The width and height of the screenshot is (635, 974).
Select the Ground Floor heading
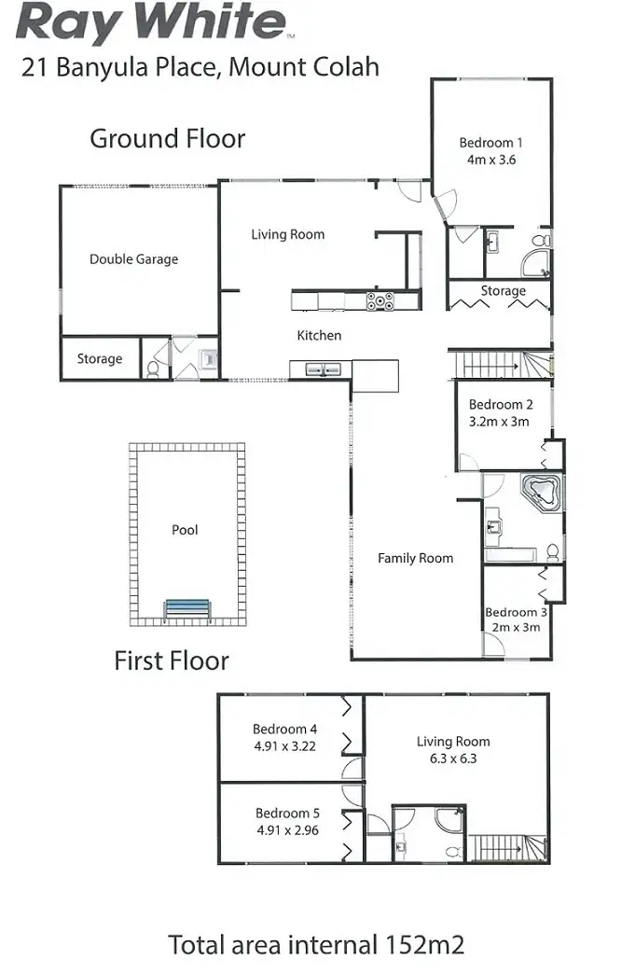click(x=167, y=139)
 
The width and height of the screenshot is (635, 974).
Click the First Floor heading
click(x=171, y=661)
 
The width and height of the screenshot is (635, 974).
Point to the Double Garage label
click(x=133, y=259)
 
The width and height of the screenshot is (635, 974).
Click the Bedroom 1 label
click(x=490, y=143)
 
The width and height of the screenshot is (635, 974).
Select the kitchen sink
click(x=321, y=370)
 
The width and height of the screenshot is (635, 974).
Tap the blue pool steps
click(x=187, y=609)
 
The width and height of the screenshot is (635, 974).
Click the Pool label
click(x=185, y=530)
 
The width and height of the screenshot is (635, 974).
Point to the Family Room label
click(x=415, y=558)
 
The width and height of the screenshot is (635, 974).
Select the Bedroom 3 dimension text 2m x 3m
click(x=515, y=627)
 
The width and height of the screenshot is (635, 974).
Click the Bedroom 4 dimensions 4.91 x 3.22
click(x=286, y=746)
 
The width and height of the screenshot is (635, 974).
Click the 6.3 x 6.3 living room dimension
click(x=452, y=758)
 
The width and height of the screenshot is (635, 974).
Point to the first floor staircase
click(x=507, y=847)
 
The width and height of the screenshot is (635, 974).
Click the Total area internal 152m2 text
click(x=316, y=944)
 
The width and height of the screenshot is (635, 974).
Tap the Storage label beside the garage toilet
click(x=99, y=358)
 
